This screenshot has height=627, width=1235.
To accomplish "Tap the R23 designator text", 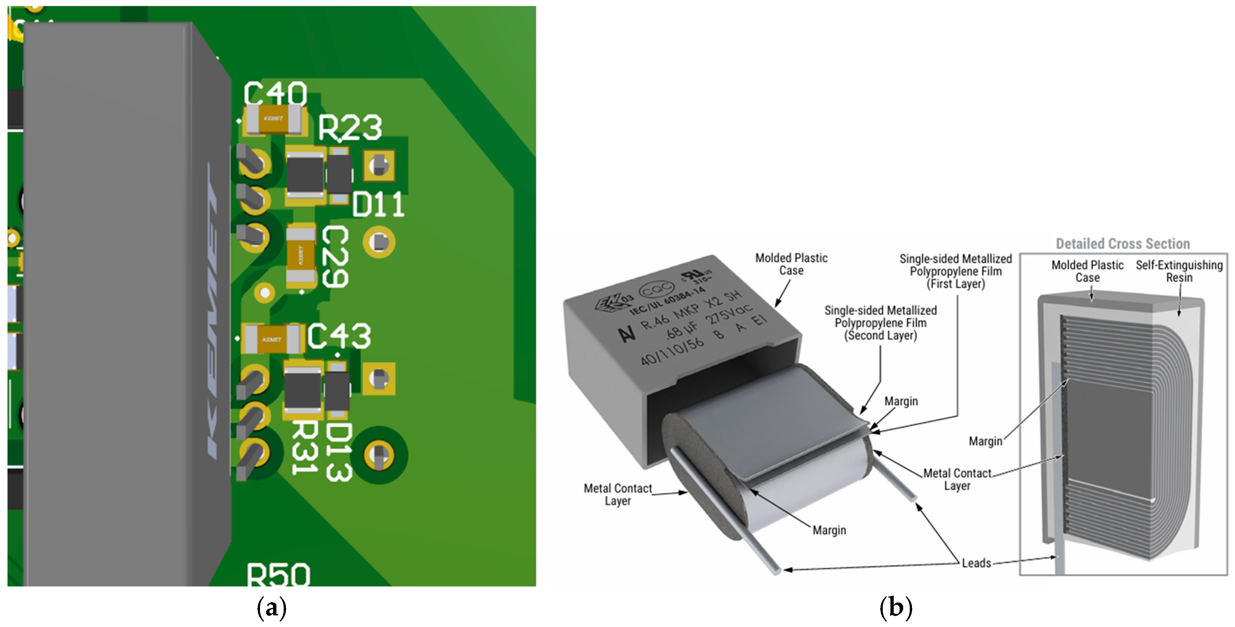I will click(350, 128).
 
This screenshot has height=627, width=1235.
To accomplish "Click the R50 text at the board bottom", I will click(278, 575).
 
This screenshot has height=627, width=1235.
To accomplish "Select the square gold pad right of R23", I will click(379, 166).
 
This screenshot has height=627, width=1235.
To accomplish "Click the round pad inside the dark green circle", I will click(379, 455).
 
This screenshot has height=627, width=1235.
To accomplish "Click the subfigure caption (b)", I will click(896, 608).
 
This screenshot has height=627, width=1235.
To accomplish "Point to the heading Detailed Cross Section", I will click(1122, 244).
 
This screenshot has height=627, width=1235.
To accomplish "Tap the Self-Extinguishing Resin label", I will click(1179, 271).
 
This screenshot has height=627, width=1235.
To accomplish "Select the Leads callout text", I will click(976, 563).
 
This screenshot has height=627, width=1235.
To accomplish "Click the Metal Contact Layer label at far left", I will click(618, 494).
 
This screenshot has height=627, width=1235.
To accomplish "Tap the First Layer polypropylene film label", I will click(955, 271).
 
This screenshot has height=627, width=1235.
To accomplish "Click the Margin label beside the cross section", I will click(985, 441).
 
